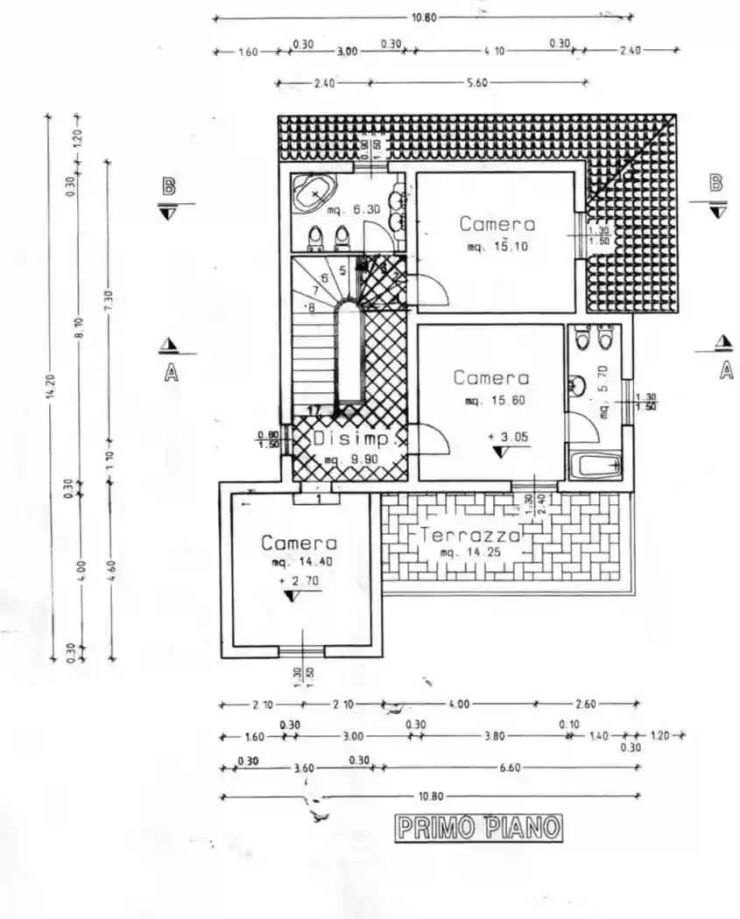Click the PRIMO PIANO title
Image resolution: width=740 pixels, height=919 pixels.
point(477,828)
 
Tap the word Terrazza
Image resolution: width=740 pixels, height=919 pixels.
point(469,535)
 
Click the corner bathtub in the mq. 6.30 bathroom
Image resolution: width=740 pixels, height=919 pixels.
point(314,193)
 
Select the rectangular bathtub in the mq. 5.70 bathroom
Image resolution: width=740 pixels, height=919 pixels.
point(596,465)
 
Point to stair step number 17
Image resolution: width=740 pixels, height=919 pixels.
point(314,410)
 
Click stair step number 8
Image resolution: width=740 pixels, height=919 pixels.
point(310,307)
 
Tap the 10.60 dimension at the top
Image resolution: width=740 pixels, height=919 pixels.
point(423,17)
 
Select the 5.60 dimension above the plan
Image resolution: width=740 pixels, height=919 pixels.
point(477,83)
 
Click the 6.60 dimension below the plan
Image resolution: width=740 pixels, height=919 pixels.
point(510,768)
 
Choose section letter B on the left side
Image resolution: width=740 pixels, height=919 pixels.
point(168,186)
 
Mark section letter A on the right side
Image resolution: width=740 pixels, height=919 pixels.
point(725,371)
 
